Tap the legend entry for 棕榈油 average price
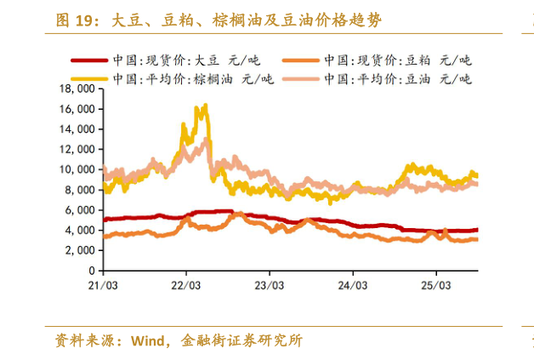tap(190, 78)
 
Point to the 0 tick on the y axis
tap(89, 271)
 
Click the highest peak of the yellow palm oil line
tap(205, 106)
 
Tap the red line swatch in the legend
tap(87, 60)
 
